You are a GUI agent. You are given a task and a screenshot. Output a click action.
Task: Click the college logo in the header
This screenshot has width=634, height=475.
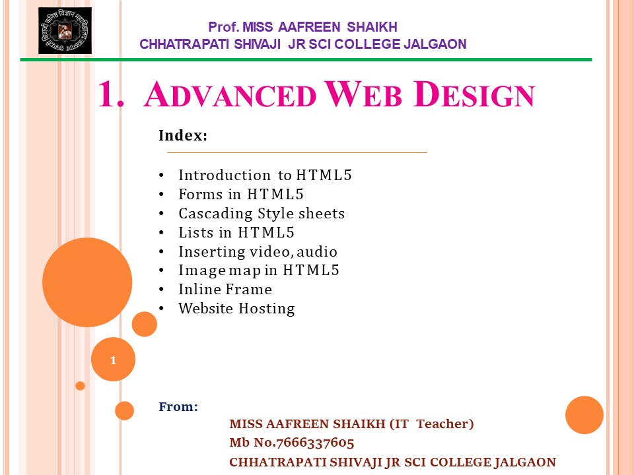pyautogui.click(x=65, y=31)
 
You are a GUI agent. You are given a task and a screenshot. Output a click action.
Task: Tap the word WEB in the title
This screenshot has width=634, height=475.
pyautogui.click(x=363, y=95)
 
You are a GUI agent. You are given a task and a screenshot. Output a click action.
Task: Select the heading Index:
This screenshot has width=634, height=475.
pyautogui.click(x=183, y=136)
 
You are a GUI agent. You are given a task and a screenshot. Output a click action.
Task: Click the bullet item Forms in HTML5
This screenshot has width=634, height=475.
pyautogui.click(x=241, y=195)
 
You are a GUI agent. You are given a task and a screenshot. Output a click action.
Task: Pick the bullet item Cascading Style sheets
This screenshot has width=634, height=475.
pyautogui.click(x=262, y=214)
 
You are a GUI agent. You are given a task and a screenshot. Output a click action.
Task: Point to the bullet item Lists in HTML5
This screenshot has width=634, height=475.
pyautogui.click(x=236, y=233)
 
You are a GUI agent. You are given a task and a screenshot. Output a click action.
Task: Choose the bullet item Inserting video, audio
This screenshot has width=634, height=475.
pyautogui.click(x=258, y=251)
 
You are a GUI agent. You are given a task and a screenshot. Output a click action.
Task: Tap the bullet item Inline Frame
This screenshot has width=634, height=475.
pyautogui.click(x=225, y=290)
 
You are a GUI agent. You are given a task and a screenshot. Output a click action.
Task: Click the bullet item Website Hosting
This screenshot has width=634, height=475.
pyautogui.click(x=236, y=308)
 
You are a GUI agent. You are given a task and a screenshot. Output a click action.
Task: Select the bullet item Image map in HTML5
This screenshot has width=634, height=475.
pyautogui.click(x=258, y=270)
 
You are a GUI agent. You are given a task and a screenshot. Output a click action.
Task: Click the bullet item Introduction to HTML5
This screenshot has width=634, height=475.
pyautogui.click(x=265, y=175)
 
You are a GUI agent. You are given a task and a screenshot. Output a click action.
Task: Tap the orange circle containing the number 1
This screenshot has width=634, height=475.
pyautogui.click(x=114, y=360)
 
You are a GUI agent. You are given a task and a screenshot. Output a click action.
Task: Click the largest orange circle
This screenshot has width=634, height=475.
pyautogui.click(x=87, y=282)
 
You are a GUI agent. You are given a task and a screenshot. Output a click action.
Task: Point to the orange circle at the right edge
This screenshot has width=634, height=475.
pyautogui.click(x=584, y=415)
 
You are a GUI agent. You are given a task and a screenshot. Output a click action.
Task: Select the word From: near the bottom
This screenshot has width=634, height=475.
pyautogui.click(x=178, y=406)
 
